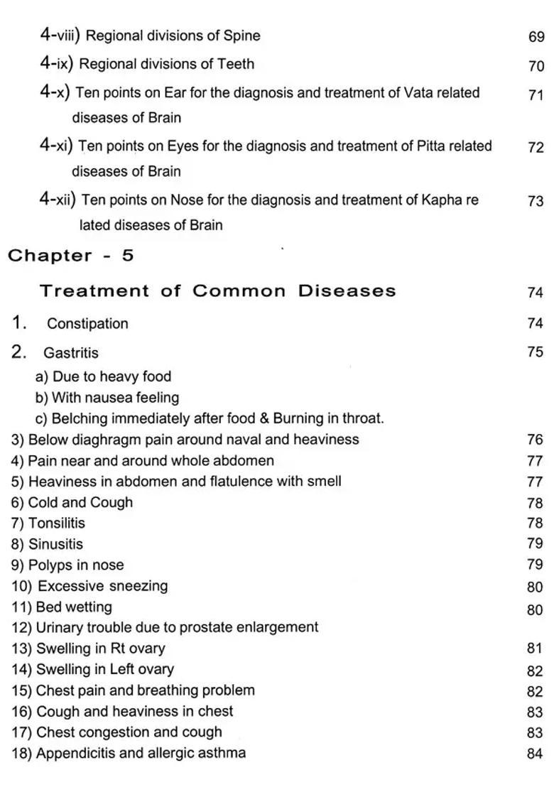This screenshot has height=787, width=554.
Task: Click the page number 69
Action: (x=536, y=37)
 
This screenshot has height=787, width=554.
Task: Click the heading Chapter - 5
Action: (x=71, y=256)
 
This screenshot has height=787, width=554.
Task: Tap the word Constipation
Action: (x=87, y=324)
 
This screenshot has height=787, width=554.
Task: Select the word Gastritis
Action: (x=71, y=353)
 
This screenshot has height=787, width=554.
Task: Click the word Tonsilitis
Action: (x=56, y=523)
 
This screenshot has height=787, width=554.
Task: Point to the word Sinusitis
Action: (x=55, y=545)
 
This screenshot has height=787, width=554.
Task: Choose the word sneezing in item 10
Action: (x=138, y=587)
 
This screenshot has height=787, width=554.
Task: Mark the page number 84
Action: (x=535, y=754)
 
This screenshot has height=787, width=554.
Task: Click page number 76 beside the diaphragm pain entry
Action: (x=535, y=440)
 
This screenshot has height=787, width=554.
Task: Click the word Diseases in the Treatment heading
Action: (x=347, y=291)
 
